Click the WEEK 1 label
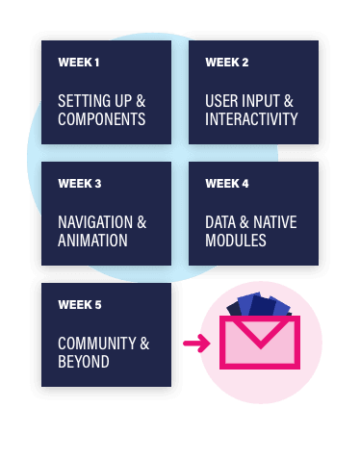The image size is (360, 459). [x=79, y=64]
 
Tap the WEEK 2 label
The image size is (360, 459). [x=227, y=64]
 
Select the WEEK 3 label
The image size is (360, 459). [x=79, y=184]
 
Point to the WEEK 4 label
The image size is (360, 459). [x=227, y=184]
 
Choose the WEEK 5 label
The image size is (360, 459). [x=79, y=305]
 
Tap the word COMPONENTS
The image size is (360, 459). [x=102, y=119]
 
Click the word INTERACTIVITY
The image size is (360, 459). [x=251, y=119]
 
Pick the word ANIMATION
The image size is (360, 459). [x=93, y=241]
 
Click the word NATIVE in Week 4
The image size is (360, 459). [x=272, y=222]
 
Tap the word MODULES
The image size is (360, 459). [x=236, y=241]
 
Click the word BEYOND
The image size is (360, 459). [x=84, y=362]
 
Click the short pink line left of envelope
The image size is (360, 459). [x=191, y=342]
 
